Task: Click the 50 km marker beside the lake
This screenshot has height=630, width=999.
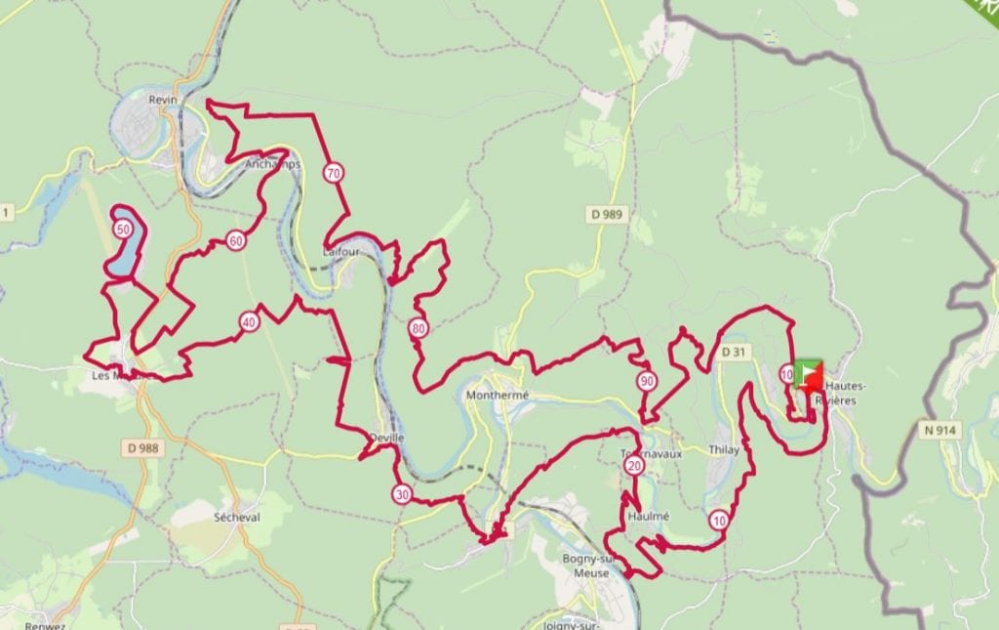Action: [122, 230]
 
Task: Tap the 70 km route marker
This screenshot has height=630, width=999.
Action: [334, 174]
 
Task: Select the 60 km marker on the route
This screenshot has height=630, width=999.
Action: [235, 240]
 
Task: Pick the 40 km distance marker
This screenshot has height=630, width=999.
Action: [249, 321]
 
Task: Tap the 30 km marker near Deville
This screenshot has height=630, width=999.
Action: [402, 494]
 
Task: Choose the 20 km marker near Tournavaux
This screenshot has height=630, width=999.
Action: [635, 467]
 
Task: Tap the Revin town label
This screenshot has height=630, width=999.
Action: [159, 100]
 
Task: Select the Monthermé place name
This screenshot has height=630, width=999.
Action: [498, 396]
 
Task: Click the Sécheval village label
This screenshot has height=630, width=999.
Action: [236, 517]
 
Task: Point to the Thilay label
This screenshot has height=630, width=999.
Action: [724, 450]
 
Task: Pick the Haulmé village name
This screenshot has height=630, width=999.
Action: [649, 515]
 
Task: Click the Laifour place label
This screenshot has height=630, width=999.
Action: [340, 251]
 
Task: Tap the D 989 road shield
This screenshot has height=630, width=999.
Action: [607, 213]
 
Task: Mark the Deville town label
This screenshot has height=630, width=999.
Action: [387, 438]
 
